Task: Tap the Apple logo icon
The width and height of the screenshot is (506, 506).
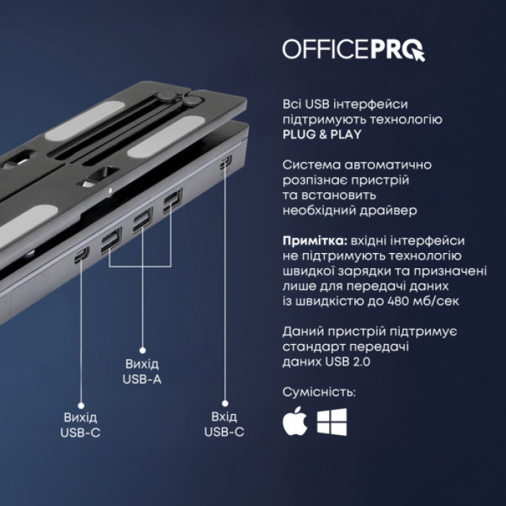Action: click(x=294, y=422)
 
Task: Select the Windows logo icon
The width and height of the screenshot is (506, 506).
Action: click(x=332, y=422)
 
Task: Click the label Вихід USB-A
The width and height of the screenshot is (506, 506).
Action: click(x=142, y=372)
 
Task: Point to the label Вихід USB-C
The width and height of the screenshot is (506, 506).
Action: click(x=81, y=425)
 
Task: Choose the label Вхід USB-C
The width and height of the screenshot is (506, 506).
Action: click(x=224, y=425)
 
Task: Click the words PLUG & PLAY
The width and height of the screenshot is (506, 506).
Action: click(x=322, y=134)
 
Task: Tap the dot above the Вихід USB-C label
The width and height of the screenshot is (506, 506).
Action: click(x=81, y=406)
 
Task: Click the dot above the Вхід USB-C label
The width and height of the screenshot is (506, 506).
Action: click(x=224, y=405)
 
